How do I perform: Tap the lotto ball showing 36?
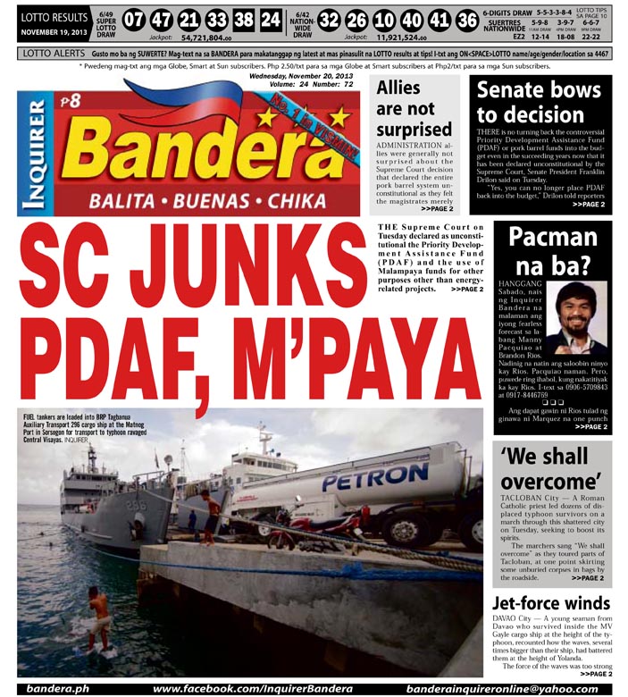coord(466,21)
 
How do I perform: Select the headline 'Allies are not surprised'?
coord(414,110)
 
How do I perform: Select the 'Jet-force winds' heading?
coord(551,603)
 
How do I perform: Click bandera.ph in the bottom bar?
coord(56,689)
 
